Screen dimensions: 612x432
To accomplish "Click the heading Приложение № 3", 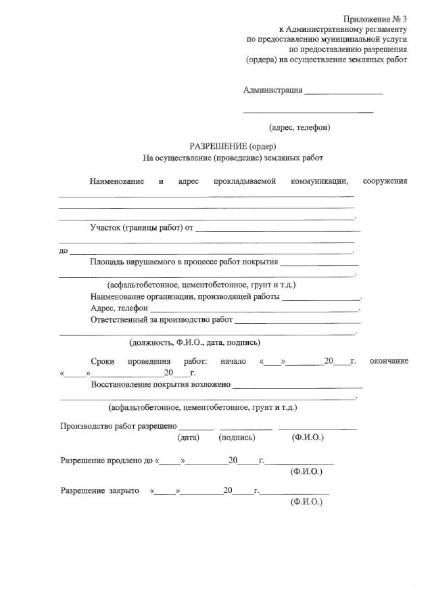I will tap(375, 19).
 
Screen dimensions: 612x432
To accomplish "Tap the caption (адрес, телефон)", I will tap(299, 126).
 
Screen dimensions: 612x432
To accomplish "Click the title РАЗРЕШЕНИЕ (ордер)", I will tap(233, 146).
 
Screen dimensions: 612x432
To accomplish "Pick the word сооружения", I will tap(385, 181).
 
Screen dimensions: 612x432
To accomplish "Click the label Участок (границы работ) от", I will tap(142, 227).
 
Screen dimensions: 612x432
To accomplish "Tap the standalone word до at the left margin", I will tap(64, 251).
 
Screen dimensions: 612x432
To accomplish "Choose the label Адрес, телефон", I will tap(120, 308).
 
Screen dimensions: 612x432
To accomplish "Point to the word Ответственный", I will tap(119, 319).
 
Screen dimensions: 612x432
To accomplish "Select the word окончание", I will tap(389, 361).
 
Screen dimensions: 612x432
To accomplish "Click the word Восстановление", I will tap(125, 384).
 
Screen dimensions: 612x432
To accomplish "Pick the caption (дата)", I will tap(189, 438).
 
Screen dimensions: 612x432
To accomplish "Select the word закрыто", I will tap(124, 491).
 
